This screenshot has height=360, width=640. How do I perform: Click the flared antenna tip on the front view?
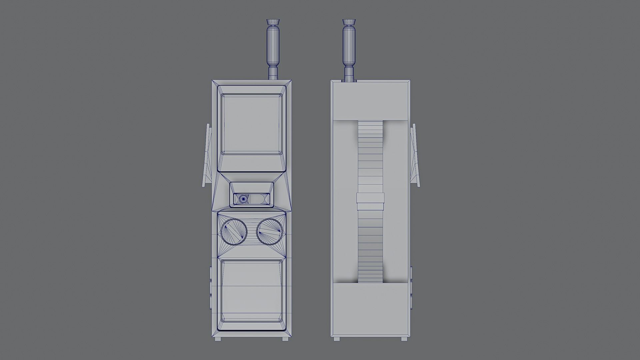(x=273, y=23)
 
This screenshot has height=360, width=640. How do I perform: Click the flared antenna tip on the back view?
(x=349, y=23)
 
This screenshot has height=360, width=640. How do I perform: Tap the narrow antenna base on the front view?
(x=273, y=73)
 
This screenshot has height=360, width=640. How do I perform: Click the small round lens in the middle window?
(x=243, y=199)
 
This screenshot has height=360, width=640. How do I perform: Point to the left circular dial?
(x=234, y=232)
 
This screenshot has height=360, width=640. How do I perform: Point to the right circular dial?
(x=270, y=232)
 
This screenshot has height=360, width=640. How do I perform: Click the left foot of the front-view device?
(x=219, y=339)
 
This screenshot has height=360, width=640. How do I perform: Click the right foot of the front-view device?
(x=285, y=339)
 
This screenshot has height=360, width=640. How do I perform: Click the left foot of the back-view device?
(x=337, y=339)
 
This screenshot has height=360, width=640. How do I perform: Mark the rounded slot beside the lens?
(x=259, y=199)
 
